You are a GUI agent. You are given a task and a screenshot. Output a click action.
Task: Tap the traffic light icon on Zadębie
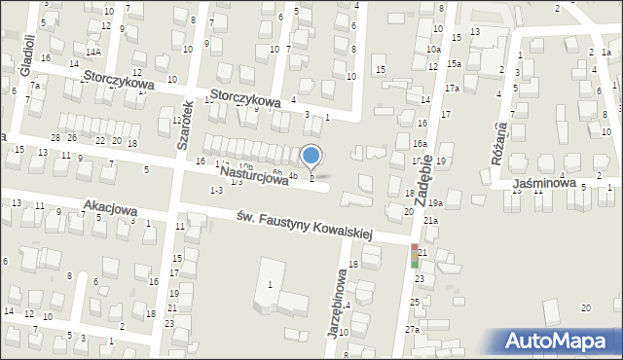tap(415, 256)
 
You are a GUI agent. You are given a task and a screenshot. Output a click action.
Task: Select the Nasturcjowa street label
tap(253, 176)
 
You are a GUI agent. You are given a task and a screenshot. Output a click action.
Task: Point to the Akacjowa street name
tap(110, 208)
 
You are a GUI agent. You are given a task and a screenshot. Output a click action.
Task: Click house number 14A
tap(92, 52)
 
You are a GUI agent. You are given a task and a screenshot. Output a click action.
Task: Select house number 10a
tap(433, 48)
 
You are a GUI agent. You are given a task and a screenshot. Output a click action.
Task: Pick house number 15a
tap(455, 63)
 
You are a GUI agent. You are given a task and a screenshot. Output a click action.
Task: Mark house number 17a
tap(452, 89)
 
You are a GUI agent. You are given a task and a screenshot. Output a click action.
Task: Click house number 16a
tap(419, 143)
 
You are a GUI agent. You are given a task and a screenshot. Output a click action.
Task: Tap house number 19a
tap(435, 202)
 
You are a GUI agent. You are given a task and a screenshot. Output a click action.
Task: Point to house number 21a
tap(429, 222)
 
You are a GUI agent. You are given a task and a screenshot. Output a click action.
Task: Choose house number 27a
tap(413, 330)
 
